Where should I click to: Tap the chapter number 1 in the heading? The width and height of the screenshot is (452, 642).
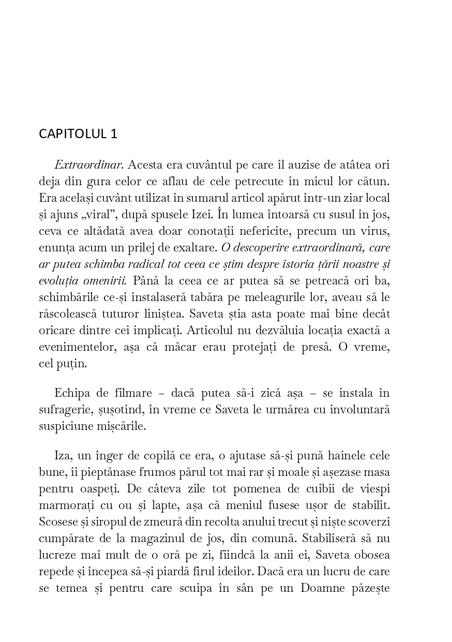click(114, 134)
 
